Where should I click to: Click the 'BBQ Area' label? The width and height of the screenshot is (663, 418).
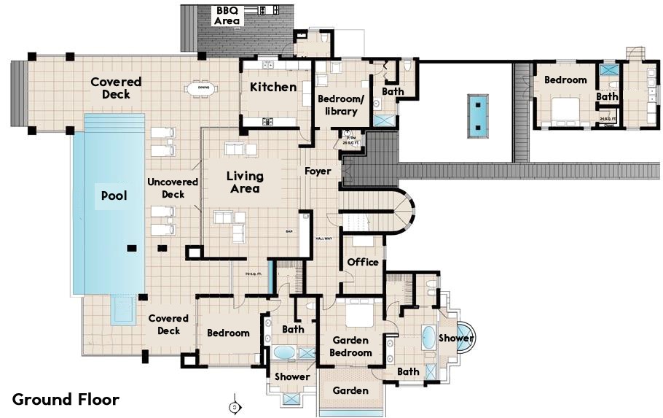coord(227,16)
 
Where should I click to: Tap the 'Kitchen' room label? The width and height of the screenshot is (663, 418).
coord(273,87)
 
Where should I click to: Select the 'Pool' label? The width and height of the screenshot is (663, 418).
coord(114,196)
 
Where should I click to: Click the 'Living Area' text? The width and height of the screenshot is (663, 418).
coord(244,182)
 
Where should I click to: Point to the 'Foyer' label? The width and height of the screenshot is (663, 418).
coord(318,171)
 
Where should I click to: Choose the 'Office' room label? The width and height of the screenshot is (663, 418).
coord(362,262)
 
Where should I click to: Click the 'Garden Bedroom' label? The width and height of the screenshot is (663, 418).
coord(352,347)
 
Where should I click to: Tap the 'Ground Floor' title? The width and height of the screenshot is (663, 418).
coord(66,399)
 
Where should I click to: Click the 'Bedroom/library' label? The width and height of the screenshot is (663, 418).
coord(337,105)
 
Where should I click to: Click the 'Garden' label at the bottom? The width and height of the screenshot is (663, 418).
coord(350,390)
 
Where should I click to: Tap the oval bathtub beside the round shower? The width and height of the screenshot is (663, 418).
coord(428,338)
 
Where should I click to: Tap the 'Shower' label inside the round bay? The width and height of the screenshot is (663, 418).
coord(456,338)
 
